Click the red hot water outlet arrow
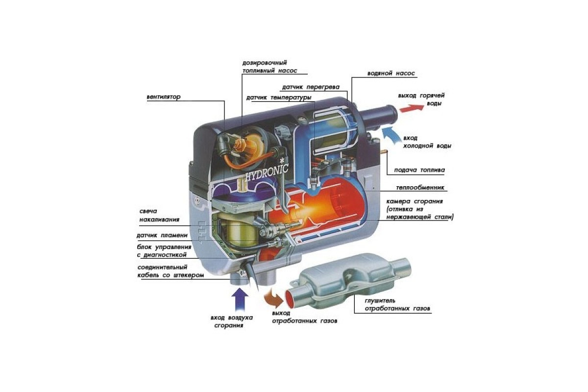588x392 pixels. click(411, 108)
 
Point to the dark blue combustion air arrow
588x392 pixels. click(240, 300)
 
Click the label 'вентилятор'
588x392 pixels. click(164, 97)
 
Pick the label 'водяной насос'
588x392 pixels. click(391, 73)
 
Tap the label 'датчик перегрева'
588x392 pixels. click(311, 87)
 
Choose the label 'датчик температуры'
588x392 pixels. click(279, 98)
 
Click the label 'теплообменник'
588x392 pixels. click(420, 188)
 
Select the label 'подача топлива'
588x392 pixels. click(419, 170)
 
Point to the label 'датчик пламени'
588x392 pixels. click(162, 235)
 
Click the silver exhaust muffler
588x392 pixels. click(348, 281)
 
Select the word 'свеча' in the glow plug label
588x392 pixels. click(148, 211)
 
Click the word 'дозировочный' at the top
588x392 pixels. click(265, 63)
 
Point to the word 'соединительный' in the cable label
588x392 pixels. click(162, 268)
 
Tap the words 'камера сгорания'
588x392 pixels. click(415, 201)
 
